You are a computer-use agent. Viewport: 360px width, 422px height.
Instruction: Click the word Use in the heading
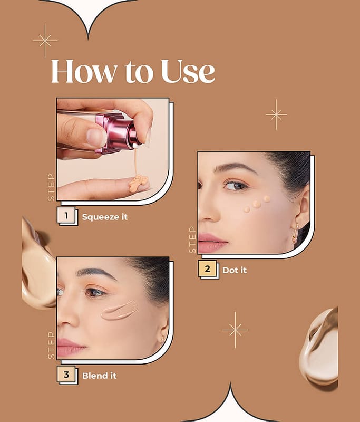[x=188, y=71]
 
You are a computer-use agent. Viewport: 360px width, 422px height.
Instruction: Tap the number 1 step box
[x=66, y=215]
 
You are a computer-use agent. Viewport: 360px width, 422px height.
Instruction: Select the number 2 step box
[x=207, y=268]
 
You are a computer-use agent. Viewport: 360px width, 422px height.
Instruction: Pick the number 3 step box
[x=66, y=374]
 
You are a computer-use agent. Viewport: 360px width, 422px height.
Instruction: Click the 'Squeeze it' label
[x=104, y=217]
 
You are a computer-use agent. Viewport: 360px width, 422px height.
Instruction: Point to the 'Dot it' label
[x=235, y=270]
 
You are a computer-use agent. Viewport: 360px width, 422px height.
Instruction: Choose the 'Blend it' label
[x=99, y=376]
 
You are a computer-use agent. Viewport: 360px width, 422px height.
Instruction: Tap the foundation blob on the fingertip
[x=138, y=183]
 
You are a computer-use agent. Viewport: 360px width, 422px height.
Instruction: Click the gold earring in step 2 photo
[x=296, y=233]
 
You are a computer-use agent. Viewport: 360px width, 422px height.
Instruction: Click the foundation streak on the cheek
[x=120, y=310]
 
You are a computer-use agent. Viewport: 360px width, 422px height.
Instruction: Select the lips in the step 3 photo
[x=71, y=347]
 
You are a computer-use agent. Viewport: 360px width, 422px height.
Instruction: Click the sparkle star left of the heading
[x=45, y=41]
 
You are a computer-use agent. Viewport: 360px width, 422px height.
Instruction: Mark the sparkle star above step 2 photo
[x=276, y=114]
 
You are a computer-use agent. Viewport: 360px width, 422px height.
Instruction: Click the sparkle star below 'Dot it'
[x=235, y=330]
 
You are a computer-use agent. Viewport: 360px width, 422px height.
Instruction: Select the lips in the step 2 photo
[x=212, y=243]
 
